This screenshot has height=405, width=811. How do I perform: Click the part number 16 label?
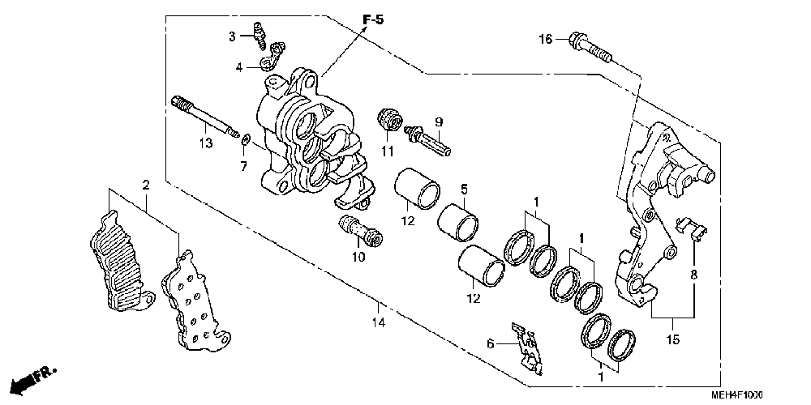pyautogui.click(x=546, y=39)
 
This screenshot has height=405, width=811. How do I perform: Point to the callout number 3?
pyautogui.click(x=231, y=36)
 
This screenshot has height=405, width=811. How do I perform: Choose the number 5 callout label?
pyautogui.click(x=464, y=190)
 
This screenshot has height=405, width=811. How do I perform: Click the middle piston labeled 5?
pyautogui.click(x=460, y=222)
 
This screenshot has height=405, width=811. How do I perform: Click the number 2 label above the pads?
pyautogui.click(x=146, y=185)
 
